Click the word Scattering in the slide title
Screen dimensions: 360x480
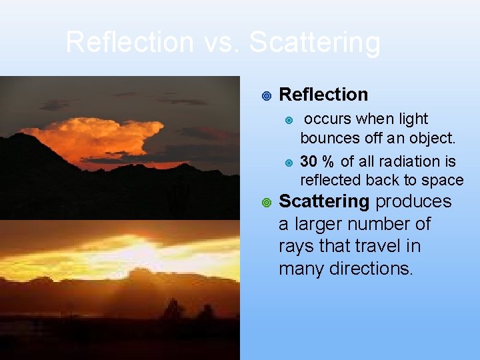pos(315,43)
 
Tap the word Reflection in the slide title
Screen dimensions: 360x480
pos(129,43)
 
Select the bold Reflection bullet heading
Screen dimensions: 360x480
pos(323,95)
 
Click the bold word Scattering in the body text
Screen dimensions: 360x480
pos(324,201)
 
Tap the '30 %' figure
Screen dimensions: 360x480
pos(318,161)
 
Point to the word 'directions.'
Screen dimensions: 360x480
pos(379,269)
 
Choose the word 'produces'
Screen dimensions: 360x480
pos(414,201)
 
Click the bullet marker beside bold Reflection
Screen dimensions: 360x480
pos(266,96)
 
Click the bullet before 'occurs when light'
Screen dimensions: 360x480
pos(289,120)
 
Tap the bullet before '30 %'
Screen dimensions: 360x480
pos(289,162)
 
